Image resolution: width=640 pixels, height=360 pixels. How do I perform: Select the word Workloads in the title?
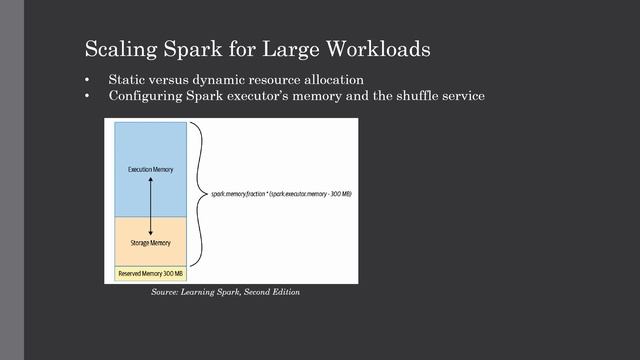tap(380, 49)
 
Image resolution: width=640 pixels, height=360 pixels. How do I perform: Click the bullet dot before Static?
tap(88, 80)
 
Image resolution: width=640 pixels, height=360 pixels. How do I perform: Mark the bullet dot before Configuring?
tap(88, 97)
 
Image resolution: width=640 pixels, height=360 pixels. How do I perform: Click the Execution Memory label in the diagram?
tap(150, 170)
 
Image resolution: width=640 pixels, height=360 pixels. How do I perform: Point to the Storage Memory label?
tap(150, 241)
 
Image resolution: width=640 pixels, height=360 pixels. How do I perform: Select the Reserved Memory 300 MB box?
tap(150, 273)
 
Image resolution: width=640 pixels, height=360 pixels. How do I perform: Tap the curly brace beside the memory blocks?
tap(200, 195)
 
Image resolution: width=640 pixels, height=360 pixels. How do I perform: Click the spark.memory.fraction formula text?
tap(280, 196)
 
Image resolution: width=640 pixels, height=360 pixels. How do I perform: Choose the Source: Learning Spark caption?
tap(225, 292)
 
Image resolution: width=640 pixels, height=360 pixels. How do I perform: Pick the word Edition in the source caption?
tap(284, 292)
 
